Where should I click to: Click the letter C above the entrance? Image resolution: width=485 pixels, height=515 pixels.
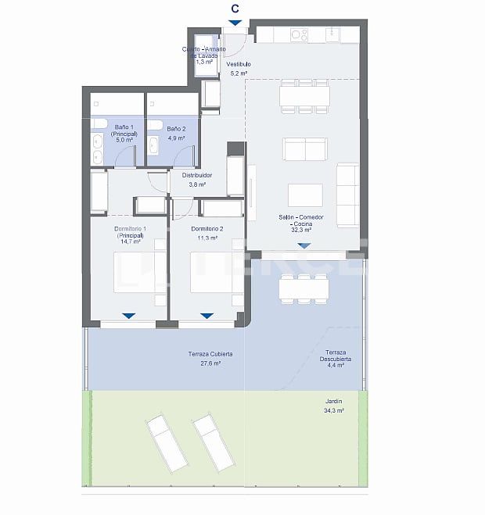click(x=235, y=9)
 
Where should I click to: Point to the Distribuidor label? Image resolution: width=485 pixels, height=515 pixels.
click(x=197, y=180)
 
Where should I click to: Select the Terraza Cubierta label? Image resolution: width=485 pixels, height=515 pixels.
click(x=210, y=359)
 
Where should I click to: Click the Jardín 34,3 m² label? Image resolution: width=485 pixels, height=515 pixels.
click(x=334, y=406)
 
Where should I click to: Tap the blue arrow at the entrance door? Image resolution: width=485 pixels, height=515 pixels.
click(x=235, y=23)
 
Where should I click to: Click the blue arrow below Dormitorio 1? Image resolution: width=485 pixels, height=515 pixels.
click(x=128, y=316)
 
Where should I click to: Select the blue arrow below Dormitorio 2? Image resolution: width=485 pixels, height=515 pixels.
click(x=207, y=316)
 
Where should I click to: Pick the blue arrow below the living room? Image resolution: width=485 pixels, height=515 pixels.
click(x=304, y=245)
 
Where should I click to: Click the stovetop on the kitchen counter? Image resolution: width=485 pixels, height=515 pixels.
click(x=299, y=34)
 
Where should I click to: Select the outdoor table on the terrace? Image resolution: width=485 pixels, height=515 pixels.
click(x=304, y=288)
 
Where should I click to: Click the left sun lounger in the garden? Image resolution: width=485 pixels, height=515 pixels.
click(x=166, y=443)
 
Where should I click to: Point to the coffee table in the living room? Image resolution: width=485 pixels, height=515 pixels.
click(x=304, y=195)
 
